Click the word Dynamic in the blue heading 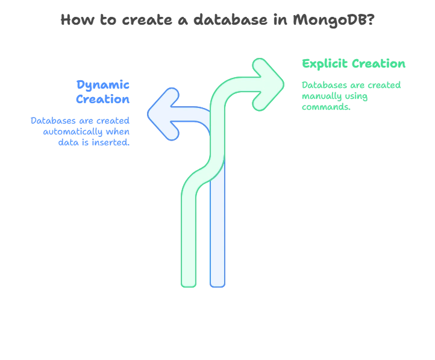(102, 85)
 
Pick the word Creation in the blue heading (104, 99)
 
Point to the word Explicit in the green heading (324, 65)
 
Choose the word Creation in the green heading (379, 65)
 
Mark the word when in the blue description (117, 132)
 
